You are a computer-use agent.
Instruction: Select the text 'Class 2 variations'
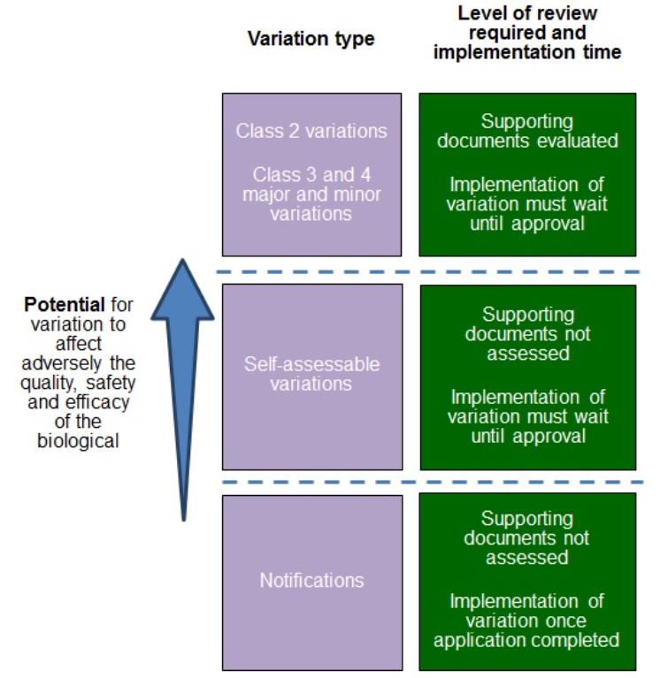pos(311,131)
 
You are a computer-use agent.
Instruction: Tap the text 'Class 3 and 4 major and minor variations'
pos(311,194)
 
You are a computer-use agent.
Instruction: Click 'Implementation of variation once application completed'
pos(527,621)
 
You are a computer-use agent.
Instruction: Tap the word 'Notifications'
pos(311,581)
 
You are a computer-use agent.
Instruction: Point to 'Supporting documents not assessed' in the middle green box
pos(527,334)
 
